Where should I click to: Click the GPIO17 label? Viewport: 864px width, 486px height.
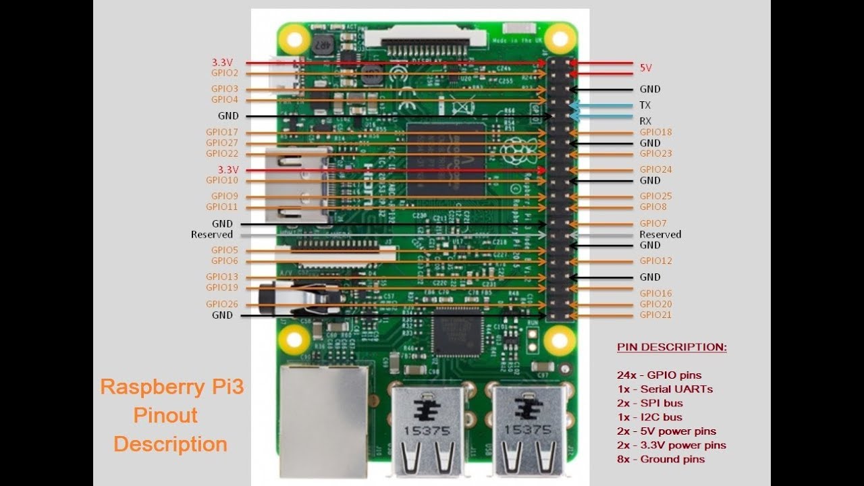[x=222, y=132]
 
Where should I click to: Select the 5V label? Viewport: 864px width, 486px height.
[x=646, y=68]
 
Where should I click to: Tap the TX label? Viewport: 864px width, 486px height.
[x=645, y=105]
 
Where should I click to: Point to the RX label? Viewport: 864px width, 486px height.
[x=645, y=122]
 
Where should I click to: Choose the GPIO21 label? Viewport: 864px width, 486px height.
[x=655, y=315]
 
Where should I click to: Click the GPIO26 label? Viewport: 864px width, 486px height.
[x=222, y=304]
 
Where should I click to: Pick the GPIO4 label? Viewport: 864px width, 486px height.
[x=225, y=100]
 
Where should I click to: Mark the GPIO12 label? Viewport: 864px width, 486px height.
[x=655, y=261]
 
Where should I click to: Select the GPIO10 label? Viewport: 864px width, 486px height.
[x=222, y=181]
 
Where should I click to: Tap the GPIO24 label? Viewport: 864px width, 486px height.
[x=655, y=170]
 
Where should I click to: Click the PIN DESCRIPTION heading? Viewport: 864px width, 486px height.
[x=672, y=347]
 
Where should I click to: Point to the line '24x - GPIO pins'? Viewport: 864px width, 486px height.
[x=659, y=375]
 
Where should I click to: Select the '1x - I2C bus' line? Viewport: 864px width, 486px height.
[x=649, y=417]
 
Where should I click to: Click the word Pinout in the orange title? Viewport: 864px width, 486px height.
[x=165, y=415]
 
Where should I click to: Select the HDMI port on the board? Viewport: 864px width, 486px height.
[x=297, y=186]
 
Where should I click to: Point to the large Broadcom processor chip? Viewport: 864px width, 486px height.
[x=446, y=159]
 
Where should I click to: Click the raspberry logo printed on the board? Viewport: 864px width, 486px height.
[x=517, y=149]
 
